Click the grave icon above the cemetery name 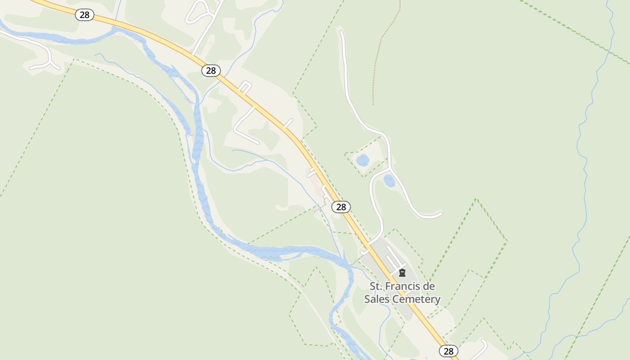pos(402,273)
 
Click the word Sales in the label pos(377,299)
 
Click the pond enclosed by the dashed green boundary pos(363,160)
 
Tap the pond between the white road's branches pos(389,181)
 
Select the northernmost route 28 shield pos(84,15)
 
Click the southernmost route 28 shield pos(448,351)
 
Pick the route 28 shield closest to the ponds pos(341,207)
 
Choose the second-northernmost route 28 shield pos(211,71)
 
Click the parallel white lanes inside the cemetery pos(395,256)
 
